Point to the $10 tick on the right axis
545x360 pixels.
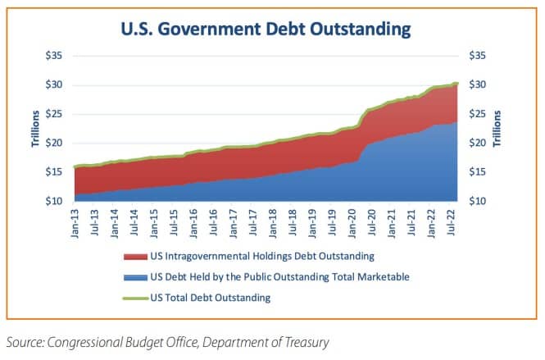click(477, 201)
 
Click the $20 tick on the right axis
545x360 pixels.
click(477, 143)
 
